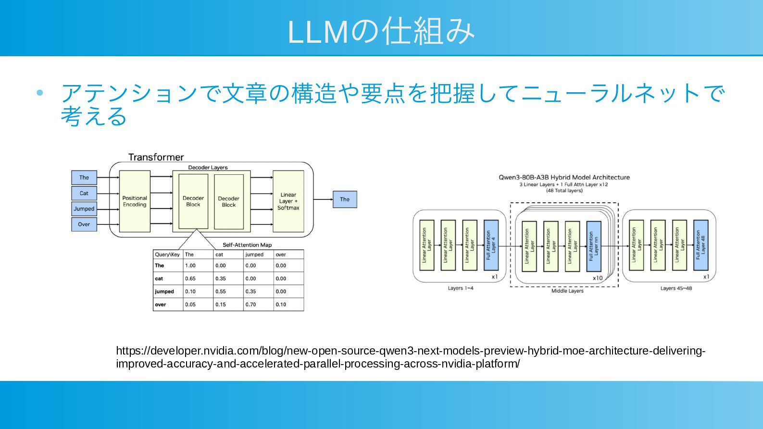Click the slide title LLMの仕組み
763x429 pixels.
tap(381, 31)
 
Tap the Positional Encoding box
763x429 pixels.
tap(135, 201)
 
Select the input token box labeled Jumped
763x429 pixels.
tap(84, 208)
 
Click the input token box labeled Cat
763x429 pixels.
tap(84, 193)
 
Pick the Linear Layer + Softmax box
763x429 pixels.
tap(288, 201)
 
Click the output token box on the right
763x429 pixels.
tap(345, 199)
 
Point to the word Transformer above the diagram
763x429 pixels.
tap(156, 157)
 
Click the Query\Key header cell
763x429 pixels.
tap(167, 254)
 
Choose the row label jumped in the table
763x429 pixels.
tap(164, 292)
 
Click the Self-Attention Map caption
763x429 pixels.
tap(247, 245)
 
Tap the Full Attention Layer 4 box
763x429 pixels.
tap(491, 245)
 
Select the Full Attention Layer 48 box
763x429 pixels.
tap(700, 245)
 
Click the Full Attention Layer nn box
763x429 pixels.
tap(594, 246)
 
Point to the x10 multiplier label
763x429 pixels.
tap(598, 278)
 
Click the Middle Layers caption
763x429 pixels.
tap(567, 291)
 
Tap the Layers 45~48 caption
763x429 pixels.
tap(676, 288)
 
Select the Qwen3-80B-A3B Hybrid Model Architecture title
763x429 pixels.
tap(564, 177)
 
